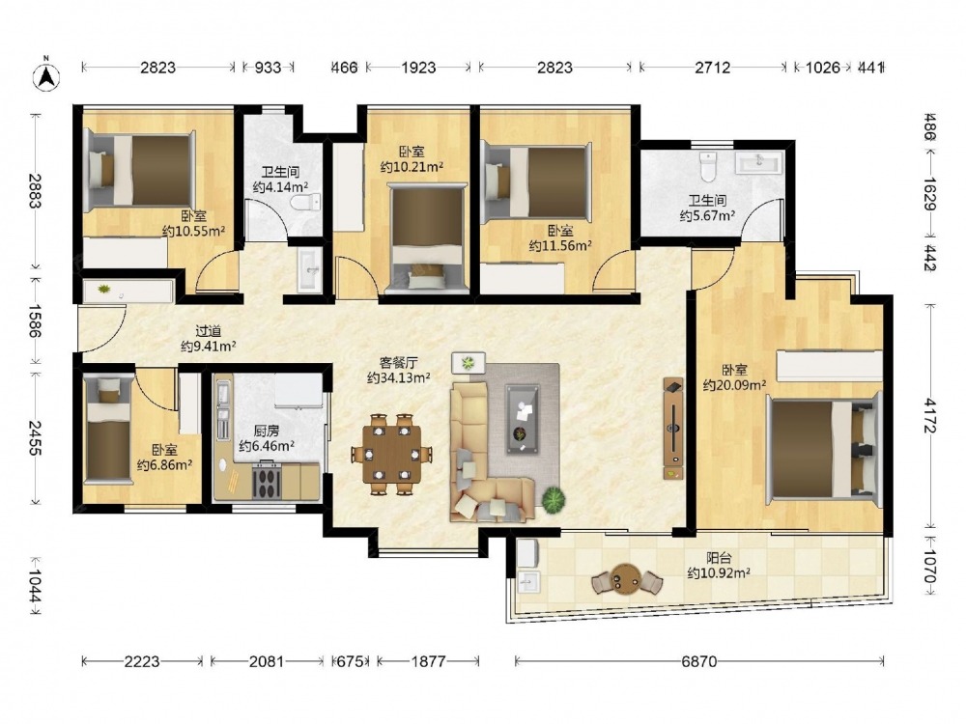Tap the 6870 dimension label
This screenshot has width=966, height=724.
tap(699, 662)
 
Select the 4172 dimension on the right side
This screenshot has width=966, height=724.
tap(930, 415)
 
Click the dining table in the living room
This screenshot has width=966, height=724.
tap(391, 455)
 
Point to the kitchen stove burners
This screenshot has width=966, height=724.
tap(267, 480)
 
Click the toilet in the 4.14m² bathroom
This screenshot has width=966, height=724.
tap(307, 202)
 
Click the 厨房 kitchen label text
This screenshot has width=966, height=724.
tap(267, 431)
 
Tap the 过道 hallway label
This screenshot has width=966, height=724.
tap(209, 332)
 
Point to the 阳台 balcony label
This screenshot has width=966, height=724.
tap(719, 558)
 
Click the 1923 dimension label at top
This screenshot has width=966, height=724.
tap(419, 68)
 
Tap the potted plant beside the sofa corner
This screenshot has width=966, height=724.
tap(554, 500)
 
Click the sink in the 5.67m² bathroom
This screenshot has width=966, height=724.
tap(759, 162)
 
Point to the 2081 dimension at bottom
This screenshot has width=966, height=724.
tap(267, 662)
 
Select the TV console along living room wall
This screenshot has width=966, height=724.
tap(672, 429)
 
